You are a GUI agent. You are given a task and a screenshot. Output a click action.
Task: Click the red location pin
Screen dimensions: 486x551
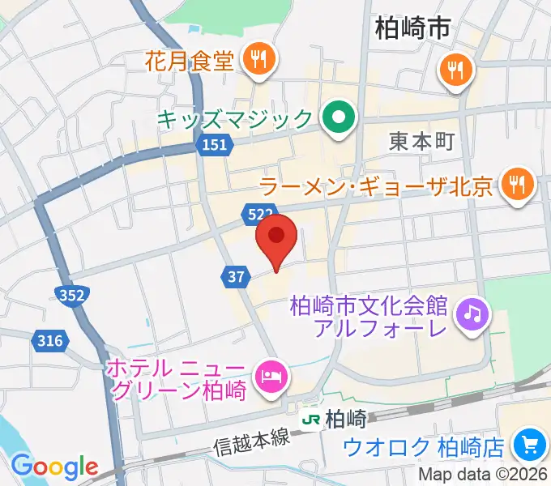tap(276, 237)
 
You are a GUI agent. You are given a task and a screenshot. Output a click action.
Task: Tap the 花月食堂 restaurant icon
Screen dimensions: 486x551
tap(258, 58)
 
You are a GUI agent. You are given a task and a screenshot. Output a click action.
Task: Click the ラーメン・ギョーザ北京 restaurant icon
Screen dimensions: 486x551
tap(515, 186)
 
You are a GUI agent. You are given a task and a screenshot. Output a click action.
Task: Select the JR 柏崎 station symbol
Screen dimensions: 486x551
tap(310, 420)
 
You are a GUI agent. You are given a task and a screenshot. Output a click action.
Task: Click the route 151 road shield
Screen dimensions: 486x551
tap(213, 145)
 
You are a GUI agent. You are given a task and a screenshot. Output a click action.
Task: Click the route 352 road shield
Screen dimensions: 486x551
tap(72, 296)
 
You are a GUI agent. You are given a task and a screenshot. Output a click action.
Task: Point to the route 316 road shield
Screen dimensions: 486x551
tap(49, 341)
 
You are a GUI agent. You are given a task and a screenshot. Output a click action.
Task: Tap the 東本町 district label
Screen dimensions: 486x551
tap(421, 141)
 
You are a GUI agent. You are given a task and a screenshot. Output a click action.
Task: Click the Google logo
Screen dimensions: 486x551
tap(54, 467)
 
